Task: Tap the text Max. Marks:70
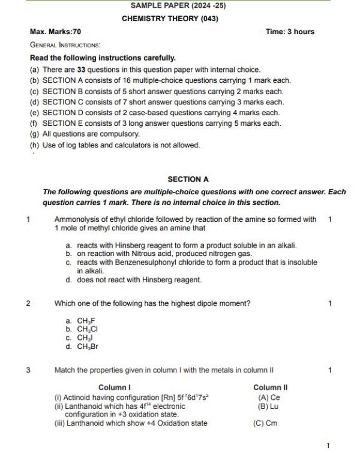[55, 32]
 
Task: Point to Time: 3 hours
[290, 32]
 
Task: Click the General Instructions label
[65, 45]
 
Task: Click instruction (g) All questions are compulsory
[85, 134]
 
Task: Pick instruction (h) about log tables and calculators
[115, 145]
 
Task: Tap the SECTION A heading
[188, 179]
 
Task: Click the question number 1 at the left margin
[28, 219]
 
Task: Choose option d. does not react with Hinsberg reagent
[133, 280]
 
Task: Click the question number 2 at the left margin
[28, 303]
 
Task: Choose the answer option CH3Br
[87, 346]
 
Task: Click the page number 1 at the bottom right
[328, 445]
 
